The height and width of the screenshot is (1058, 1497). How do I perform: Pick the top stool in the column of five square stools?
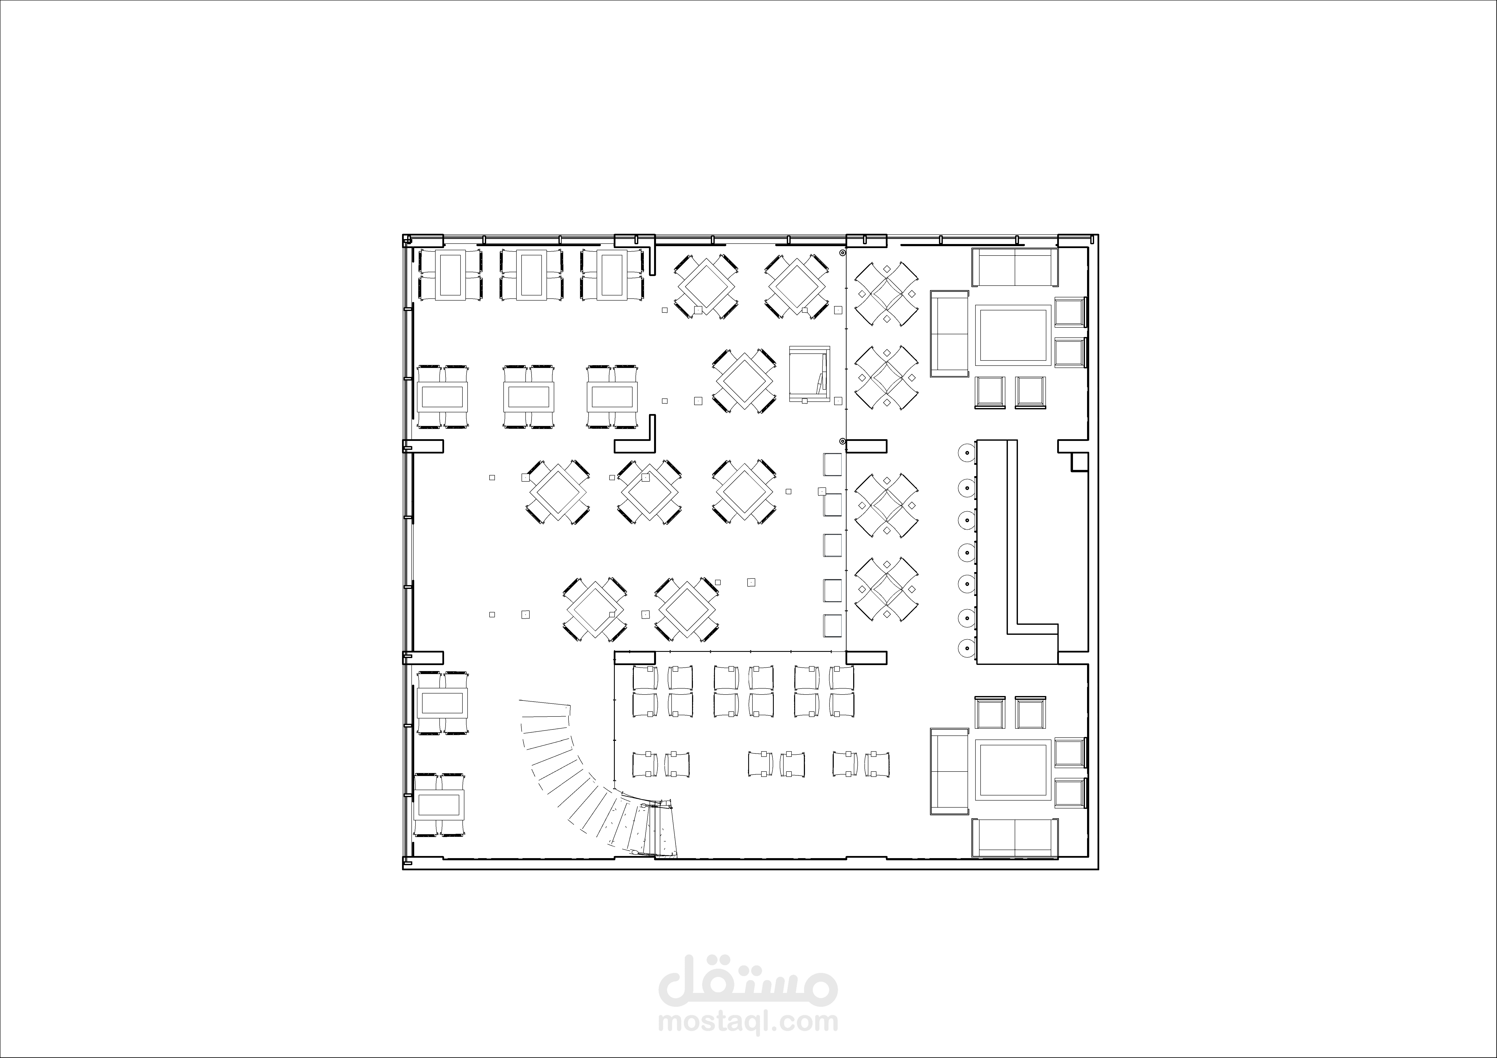(833, 464)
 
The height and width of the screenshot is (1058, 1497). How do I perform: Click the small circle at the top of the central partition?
(842, 252)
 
